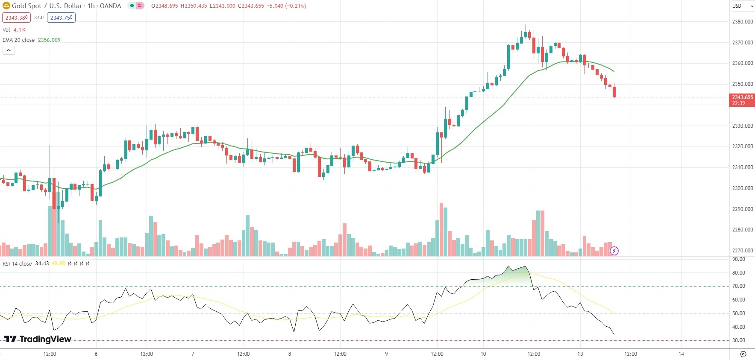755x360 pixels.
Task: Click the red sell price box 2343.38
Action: [x=16, y=18]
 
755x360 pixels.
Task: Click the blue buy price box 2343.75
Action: [x=62, y=18]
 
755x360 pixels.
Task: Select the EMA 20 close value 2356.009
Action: [x=49, y=40]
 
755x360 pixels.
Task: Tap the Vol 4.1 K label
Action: [x=14, y=30]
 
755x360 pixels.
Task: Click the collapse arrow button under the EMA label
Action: [x=9, y=50]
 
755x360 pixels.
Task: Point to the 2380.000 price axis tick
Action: [x=742, y=22]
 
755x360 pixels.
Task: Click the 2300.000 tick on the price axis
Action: [x=742, y=188]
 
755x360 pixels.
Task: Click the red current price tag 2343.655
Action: [x=742, y=100]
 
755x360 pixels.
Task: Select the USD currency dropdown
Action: [x=742, y=6]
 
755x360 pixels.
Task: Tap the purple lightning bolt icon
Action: [x=614, y=251]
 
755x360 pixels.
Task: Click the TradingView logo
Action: [x=38, y=339]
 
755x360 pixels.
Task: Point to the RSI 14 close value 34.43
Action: [x=42, y=264]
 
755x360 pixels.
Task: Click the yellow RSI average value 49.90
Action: [x=59, y=264]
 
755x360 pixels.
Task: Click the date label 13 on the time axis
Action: [x=580, y=354]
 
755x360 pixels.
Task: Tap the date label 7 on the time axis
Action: [x=193, y=354]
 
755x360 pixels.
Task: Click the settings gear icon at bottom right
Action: [x=743, y=354]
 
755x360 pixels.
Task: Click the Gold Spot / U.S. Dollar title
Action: [x=66, y=6]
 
